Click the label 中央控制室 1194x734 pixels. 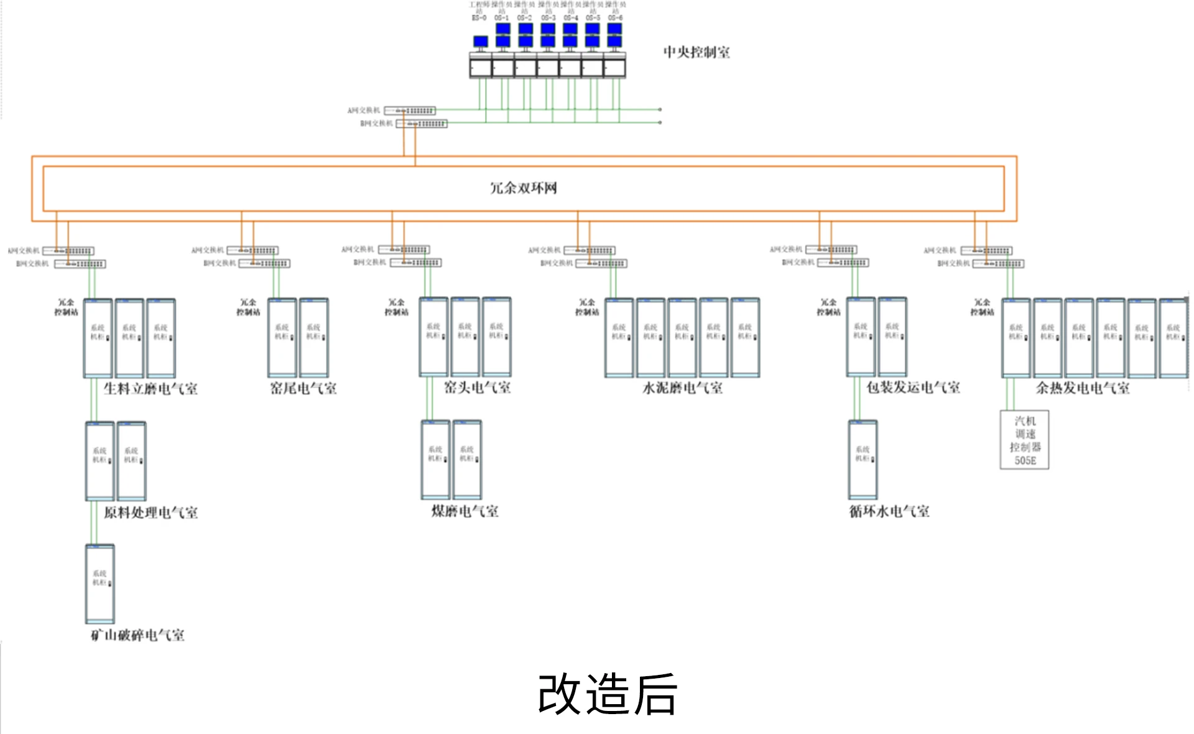click(696, 52)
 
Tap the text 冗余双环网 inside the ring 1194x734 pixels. click(523, 188)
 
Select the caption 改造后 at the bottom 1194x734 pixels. click(607, 694)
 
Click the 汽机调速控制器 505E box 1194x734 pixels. click(1024, 440)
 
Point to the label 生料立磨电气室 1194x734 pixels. click(150, 389)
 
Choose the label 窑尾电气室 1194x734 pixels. click(303, 389)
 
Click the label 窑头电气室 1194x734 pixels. click(477, 388)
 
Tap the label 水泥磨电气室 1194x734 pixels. click(682, 388)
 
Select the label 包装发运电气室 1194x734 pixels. click(913, 388)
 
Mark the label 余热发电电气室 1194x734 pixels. click(1082, 388)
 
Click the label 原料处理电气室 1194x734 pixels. click(150, 513)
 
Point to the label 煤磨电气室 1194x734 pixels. click(465, 511)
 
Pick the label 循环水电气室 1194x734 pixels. click(889, 511)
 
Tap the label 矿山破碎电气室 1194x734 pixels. click(137, 635)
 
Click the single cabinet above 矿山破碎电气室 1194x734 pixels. click(99, 583)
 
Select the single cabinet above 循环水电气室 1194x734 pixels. click(863, 459)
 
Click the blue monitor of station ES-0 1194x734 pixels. click(480, 42)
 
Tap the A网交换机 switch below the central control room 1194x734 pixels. click(410, 111)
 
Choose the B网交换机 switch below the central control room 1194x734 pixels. click(422, 124)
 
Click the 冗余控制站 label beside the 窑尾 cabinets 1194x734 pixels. click(248, 307)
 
